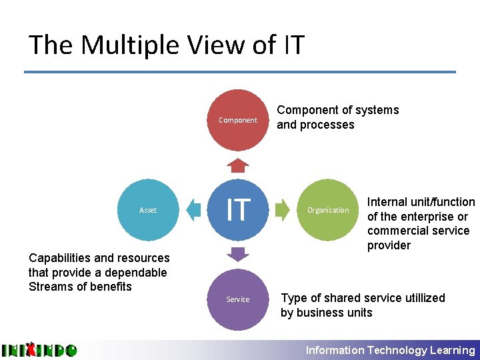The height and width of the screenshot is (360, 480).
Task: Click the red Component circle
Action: [238, 120]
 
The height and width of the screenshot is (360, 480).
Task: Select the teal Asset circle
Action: [148, 210]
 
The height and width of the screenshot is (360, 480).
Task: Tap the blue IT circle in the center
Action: [238, 210]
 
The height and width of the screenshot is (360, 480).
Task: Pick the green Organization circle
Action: [327, 210]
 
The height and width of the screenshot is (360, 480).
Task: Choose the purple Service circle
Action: [238, 299]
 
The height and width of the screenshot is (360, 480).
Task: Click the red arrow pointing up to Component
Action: [238, 165]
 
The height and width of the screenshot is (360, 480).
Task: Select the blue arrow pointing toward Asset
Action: [193, 210]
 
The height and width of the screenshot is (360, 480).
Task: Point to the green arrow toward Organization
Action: [283, 210]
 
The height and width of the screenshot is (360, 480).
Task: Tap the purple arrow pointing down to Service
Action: [238, 255]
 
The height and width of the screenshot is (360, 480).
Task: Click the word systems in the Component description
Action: [375, 110]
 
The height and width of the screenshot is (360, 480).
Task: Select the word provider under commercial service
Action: [389, 245]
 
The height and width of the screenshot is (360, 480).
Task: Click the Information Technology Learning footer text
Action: [390, 350]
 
